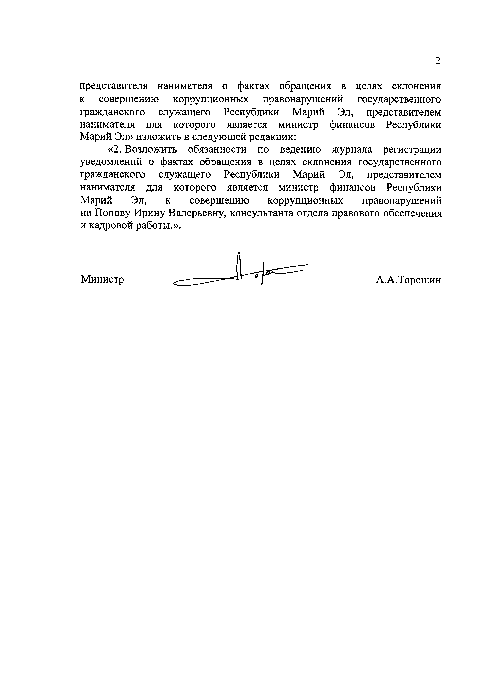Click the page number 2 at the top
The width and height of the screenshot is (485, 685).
(x=437, y=61)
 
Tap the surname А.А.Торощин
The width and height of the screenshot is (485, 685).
(x=408, y=280)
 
